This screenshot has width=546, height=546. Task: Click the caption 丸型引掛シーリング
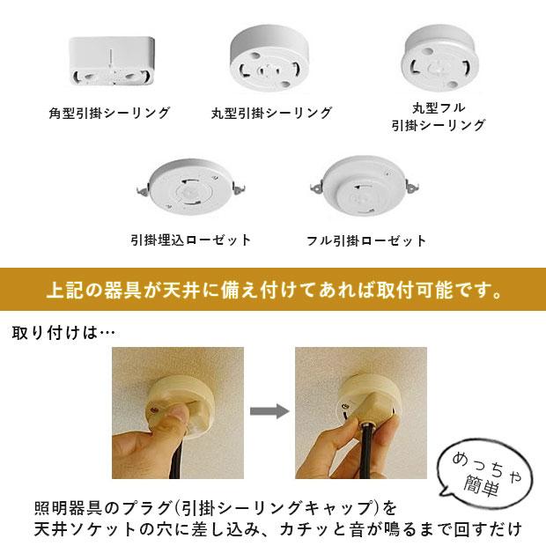tap(271, 114)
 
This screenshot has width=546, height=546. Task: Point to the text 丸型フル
tap(438, 107)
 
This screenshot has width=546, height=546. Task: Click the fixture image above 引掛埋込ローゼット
tap(190, 185)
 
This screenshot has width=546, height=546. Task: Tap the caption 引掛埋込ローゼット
tap(190, 240)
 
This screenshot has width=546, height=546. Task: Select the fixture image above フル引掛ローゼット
tap(365, 187)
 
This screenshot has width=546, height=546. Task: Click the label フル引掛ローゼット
tap(365, 240)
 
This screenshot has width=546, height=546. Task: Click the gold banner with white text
tap(273, 290)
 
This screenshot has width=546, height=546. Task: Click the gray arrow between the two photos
tap(269, 411)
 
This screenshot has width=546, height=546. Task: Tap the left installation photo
tap(177, 412)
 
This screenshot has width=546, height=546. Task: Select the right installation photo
tap(360, 412)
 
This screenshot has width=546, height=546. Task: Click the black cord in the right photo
tap(363, 458)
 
